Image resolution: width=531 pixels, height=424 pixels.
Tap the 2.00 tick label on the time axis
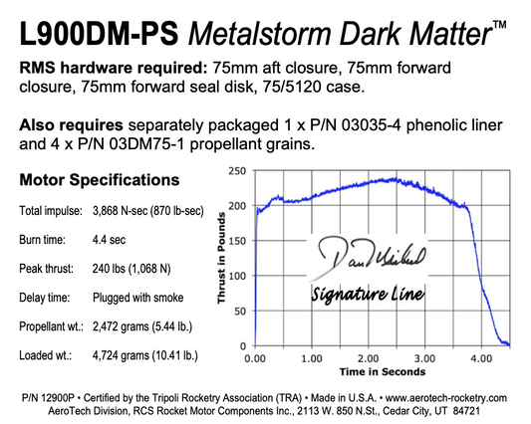click(369, 357)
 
